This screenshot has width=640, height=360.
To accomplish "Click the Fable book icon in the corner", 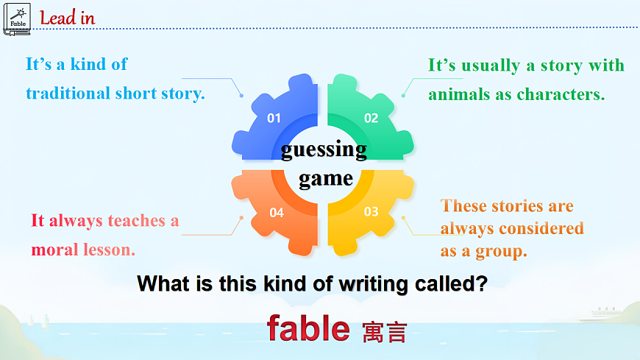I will pos(17,18).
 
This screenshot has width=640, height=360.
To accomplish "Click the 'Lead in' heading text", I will pos(67,18).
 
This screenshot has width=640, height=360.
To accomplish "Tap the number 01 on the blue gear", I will pos(274,118).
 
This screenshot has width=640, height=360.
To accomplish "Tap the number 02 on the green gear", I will pos(371,118).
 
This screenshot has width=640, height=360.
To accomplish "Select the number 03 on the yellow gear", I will pos(371,212).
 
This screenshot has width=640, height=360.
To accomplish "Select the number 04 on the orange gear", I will pos(277,213).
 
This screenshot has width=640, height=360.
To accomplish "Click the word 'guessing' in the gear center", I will pos(324,149).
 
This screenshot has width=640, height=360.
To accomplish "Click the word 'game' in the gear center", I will pos(325,178).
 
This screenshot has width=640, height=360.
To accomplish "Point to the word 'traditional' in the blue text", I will pos(68,93).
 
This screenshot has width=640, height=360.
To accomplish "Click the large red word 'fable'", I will pos(307,328).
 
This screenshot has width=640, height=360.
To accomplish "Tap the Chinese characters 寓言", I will pos(384,332).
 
